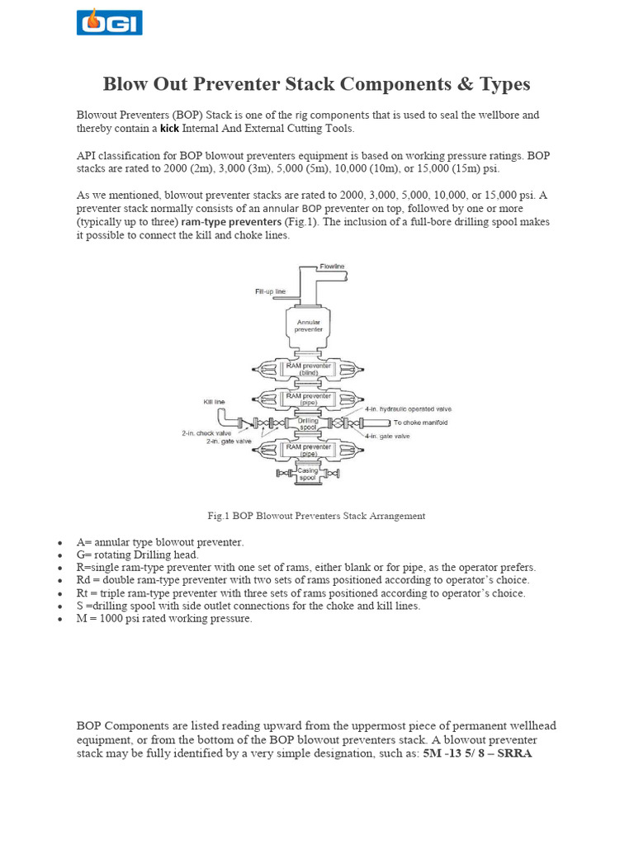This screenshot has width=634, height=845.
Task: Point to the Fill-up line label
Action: click(270, 291)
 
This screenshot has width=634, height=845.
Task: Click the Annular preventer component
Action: click(309, 324)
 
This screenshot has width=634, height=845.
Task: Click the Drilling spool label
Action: click(308, 423)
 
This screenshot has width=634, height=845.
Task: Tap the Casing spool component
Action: click(308, 474)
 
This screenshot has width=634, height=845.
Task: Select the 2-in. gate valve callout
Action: click(228, 441)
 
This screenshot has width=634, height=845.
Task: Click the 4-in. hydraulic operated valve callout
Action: click(408, 409)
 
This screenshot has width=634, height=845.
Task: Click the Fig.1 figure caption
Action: click(316, 516)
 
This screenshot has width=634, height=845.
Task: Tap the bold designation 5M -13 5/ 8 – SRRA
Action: click(477, 753)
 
